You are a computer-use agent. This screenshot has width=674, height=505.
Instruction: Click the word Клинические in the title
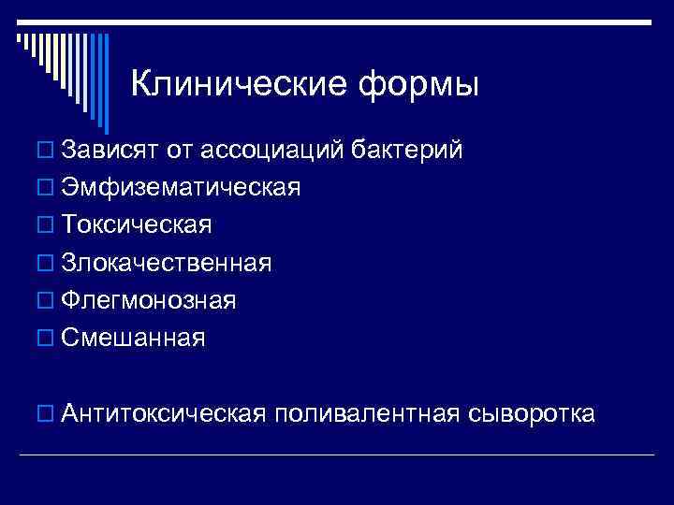238,85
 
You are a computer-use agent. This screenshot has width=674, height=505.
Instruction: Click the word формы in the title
418,85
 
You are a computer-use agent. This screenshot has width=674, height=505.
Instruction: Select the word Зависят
112,150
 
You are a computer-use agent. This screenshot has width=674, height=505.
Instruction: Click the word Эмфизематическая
181,187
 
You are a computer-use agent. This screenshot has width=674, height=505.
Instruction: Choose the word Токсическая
138,225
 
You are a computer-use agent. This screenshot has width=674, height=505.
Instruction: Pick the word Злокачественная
168,263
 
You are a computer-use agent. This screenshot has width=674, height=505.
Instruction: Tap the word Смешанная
133,338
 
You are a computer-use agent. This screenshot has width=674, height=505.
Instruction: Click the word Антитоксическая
165,413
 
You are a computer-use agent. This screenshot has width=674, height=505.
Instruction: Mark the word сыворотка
531,413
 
